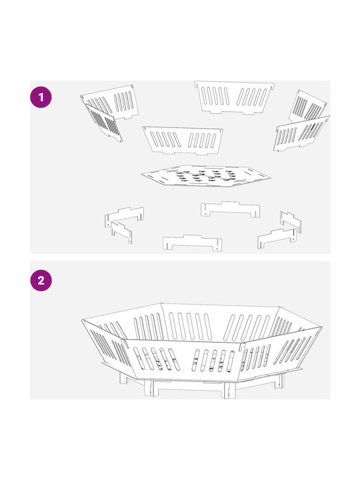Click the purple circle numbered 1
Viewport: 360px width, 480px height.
41,97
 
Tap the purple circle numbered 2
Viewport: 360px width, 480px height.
41,281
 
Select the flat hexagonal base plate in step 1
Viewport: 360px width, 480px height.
206,176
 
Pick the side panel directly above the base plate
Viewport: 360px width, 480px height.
183,140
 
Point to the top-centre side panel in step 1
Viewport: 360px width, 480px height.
234,97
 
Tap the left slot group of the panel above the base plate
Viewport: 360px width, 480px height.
165,139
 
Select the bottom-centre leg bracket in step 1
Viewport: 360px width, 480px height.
192,243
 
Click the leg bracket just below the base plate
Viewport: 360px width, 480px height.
231,209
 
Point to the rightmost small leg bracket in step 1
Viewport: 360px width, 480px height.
291,221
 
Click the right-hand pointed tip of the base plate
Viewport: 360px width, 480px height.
271,177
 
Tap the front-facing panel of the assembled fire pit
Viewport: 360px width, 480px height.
183,359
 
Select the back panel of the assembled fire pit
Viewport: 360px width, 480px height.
220,322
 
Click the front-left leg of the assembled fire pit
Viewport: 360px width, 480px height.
149,388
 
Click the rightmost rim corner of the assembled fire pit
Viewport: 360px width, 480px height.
322,327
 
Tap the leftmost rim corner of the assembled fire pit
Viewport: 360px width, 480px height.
82,319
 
